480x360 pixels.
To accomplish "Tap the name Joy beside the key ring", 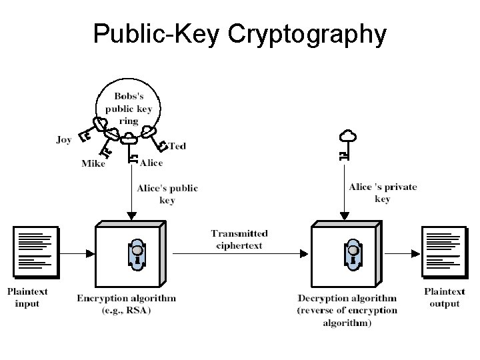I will coord(64,139).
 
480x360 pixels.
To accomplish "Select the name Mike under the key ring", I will coord(93,163).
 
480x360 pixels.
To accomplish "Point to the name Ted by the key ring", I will coord(177,145).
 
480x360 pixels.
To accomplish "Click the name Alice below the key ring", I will coord(151,163).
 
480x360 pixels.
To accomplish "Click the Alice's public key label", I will coord(167,194).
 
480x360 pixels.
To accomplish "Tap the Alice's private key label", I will coord(383,193).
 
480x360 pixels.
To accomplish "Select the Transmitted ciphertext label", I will coord(239,239).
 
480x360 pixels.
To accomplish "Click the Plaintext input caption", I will coord(28,297).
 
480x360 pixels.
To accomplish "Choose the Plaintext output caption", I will coord(444,297).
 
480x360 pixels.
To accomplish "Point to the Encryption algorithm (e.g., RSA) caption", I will coord(126,304).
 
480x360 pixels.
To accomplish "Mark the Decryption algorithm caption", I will coord(347,310).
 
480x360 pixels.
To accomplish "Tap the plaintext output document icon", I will coord(445,252).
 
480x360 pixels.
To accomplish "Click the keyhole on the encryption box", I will coord(135,252).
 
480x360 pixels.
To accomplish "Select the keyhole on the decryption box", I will coord(351,252).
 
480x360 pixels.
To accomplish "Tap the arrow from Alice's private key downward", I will coord(343,193).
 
